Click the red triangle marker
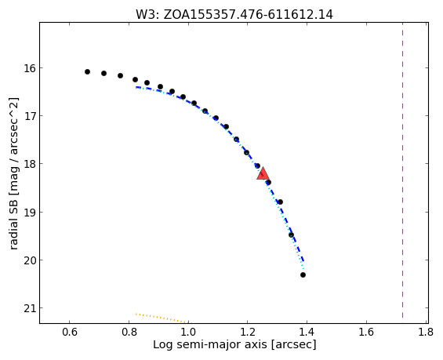[263, 173]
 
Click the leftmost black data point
[87, 72]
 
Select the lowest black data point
[303, 275]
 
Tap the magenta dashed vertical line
[402, 173]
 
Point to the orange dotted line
[162, 318]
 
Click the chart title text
[234, 14]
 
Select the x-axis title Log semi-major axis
[234, 345]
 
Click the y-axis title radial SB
[13, 173]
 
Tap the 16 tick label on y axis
[30, 68]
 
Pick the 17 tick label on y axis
[30, 116]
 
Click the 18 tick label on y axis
[30, 164]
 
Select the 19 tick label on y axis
[30, 212]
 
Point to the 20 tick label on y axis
[30, 260]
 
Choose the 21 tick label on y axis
[30, 308]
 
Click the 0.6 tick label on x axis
[70, 332]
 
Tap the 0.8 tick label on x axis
[129, 332]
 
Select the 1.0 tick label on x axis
[188, 332]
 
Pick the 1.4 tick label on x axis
[307, 332]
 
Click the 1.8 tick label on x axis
[426, 332]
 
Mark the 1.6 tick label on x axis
[366, 332]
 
